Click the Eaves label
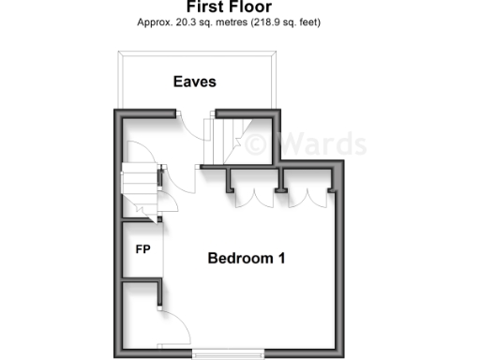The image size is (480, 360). click(194, 82)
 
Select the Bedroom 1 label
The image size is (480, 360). click(246, 258)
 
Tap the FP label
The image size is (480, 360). click(143, 249)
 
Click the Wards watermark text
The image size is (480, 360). click(319, 143)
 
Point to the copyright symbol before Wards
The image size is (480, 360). click(258, 143)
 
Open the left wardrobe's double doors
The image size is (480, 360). click(252, 192)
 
